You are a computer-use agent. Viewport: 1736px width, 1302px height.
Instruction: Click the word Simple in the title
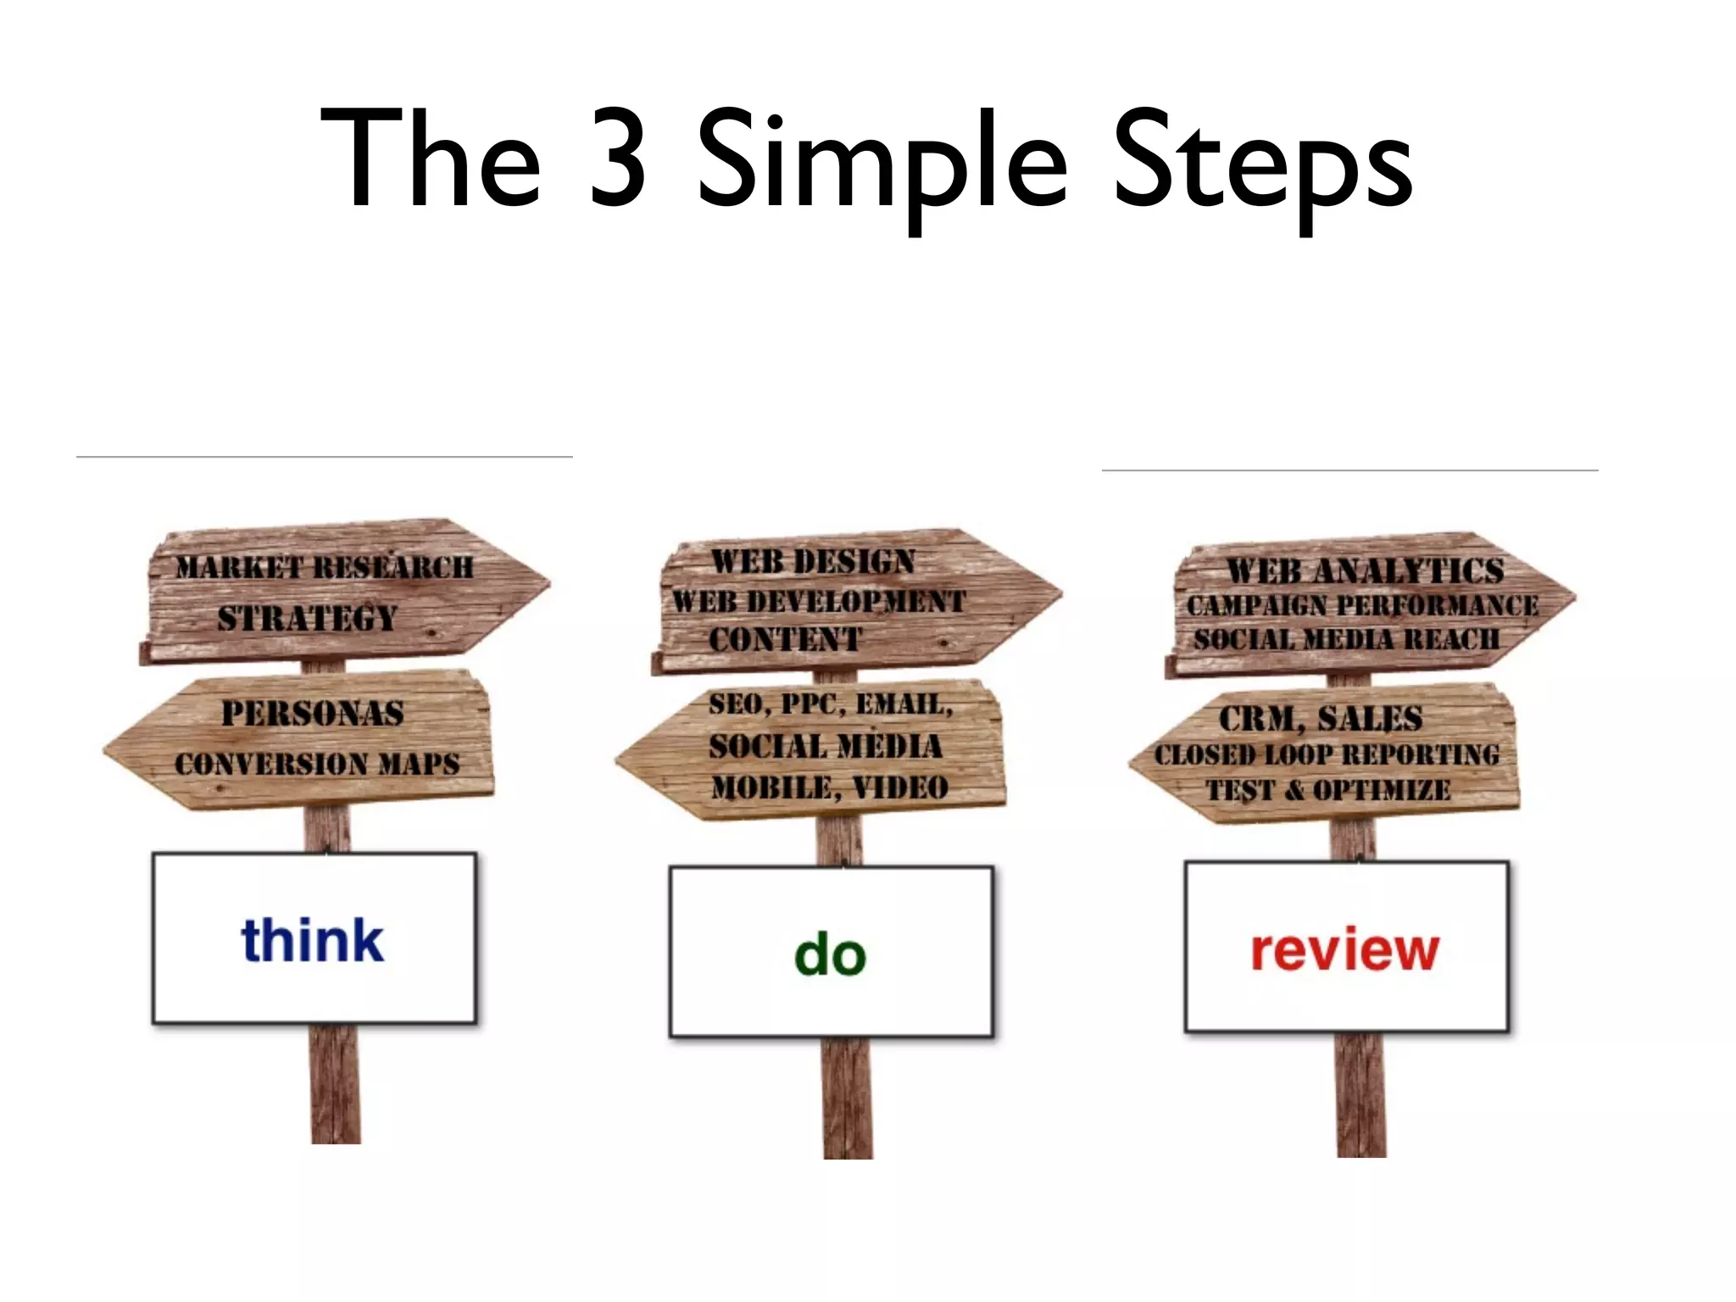tap(882, 161)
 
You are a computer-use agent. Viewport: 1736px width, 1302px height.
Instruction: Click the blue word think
tap(313, 941)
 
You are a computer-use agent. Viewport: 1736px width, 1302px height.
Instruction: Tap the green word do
tap(830, 954)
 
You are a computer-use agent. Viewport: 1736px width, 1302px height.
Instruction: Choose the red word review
tap(1345, 949)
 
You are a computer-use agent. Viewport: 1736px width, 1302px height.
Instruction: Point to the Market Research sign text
tap(325, 567)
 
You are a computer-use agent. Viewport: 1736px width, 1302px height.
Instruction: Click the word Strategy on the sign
tap(307, 618)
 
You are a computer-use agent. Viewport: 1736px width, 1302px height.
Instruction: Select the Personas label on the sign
tap(313, 714)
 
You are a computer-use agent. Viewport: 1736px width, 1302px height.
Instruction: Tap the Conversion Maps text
tap(317, 764)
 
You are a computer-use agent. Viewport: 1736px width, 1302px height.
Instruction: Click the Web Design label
tap(813, 561)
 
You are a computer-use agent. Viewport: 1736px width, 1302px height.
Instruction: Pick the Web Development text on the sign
tap(819, 602)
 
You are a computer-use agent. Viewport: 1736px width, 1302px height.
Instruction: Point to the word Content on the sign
tap(785, 640)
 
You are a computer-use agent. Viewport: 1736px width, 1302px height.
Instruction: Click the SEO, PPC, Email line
tap(831, 704)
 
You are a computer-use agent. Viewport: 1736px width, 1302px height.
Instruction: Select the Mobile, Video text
tap(830, 788)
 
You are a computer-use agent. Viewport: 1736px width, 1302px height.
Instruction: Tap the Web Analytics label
tap(1366, 570)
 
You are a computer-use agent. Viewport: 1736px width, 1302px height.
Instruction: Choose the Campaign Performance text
tap(1362, 605)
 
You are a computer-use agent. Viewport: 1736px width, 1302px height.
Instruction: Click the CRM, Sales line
tap(1321, 719)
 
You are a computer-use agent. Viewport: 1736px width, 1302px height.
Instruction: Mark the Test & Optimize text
tap(1328, 791)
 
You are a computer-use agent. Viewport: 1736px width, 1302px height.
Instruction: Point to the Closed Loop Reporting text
tap(1327, 754)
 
